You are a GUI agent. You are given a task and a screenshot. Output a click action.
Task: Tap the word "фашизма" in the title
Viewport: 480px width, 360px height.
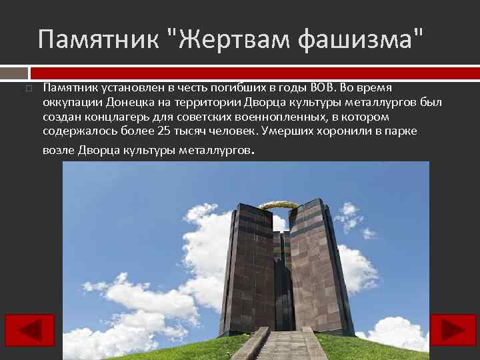point(360,39)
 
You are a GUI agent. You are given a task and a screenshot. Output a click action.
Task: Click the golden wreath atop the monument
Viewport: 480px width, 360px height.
point(278,205)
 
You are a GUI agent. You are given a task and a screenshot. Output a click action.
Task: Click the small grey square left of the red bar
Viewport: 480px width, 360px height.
point(13,71)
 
